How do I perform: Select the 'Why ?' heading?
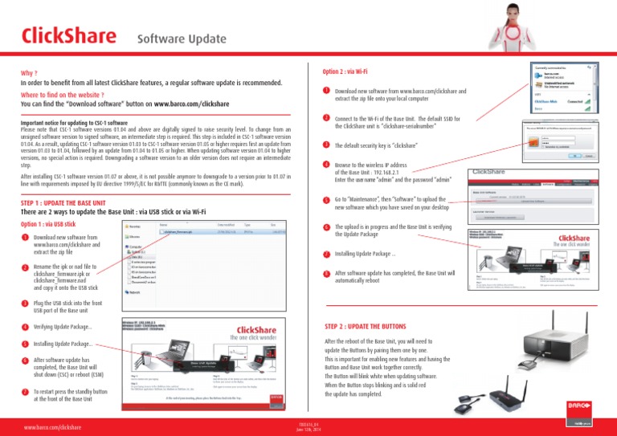click(x=33, y=71)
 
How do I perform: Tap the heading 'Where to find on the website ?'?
click(x=76, y=94)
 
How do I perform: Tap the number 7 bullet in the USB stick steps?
click(x=26, y=392)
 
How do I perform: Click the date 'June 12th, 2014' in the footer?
click(x=308, y=431)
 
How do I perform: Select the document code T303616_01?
click(x=308, y=425)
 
